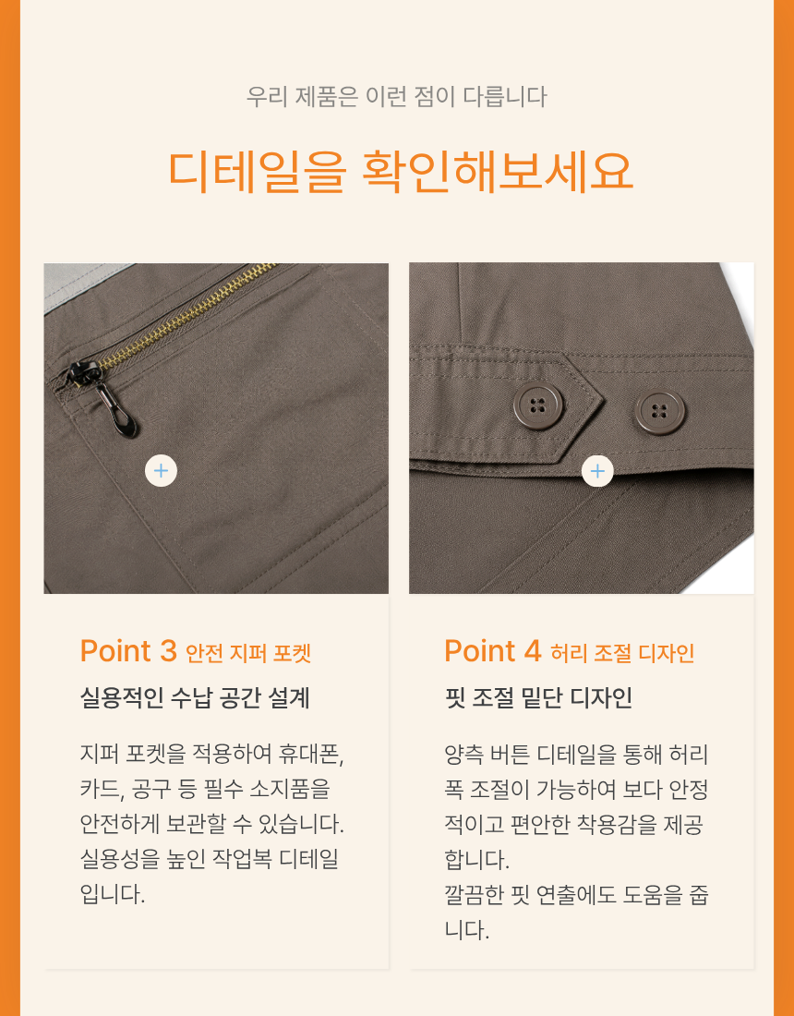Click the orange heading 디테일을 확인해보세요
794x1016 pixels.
pos(400,172)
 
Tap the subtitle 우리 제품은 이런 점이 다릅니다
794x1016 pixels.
pos(396,97)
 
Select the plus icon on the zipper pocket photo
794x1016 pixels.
pos(162,470)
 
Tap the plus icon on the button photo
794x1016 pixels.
pos(597,470)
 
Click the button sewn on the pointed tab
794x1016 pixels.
pos(537,406)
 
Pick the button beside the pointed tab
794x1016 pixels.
pos(660,411)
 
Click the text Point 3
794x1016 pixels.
pos(128,650)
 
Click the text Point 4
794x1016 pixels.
pos(493,650)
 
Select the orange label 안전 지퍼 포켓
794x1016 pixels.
pos(248,653)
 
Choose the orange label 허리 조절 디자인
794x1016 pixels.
pos(622,653)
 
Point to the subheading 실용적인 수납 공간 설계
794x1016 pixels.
pos(195,698)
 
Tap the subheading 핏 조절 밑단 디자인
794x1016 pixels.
pos(538,698)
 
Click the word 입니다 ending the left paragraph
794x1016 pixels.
pos(111,895)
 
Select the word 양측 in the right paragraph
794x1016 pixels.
pos(463,755)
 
